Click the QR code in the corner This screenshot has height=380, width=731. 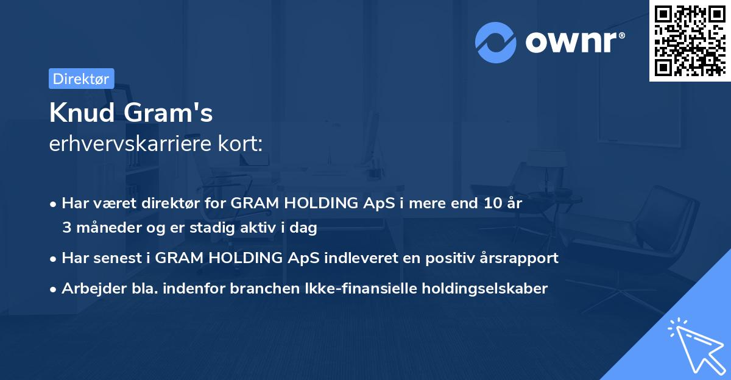point(689,40)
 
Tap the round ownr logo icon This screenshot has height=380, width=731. point(496,42)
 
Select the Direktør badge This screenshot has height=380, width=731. point(81,79)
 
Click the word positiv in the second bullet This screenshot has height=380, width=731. point(444,258)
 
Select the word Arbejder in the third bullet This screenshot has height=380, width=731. point(91,288)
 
